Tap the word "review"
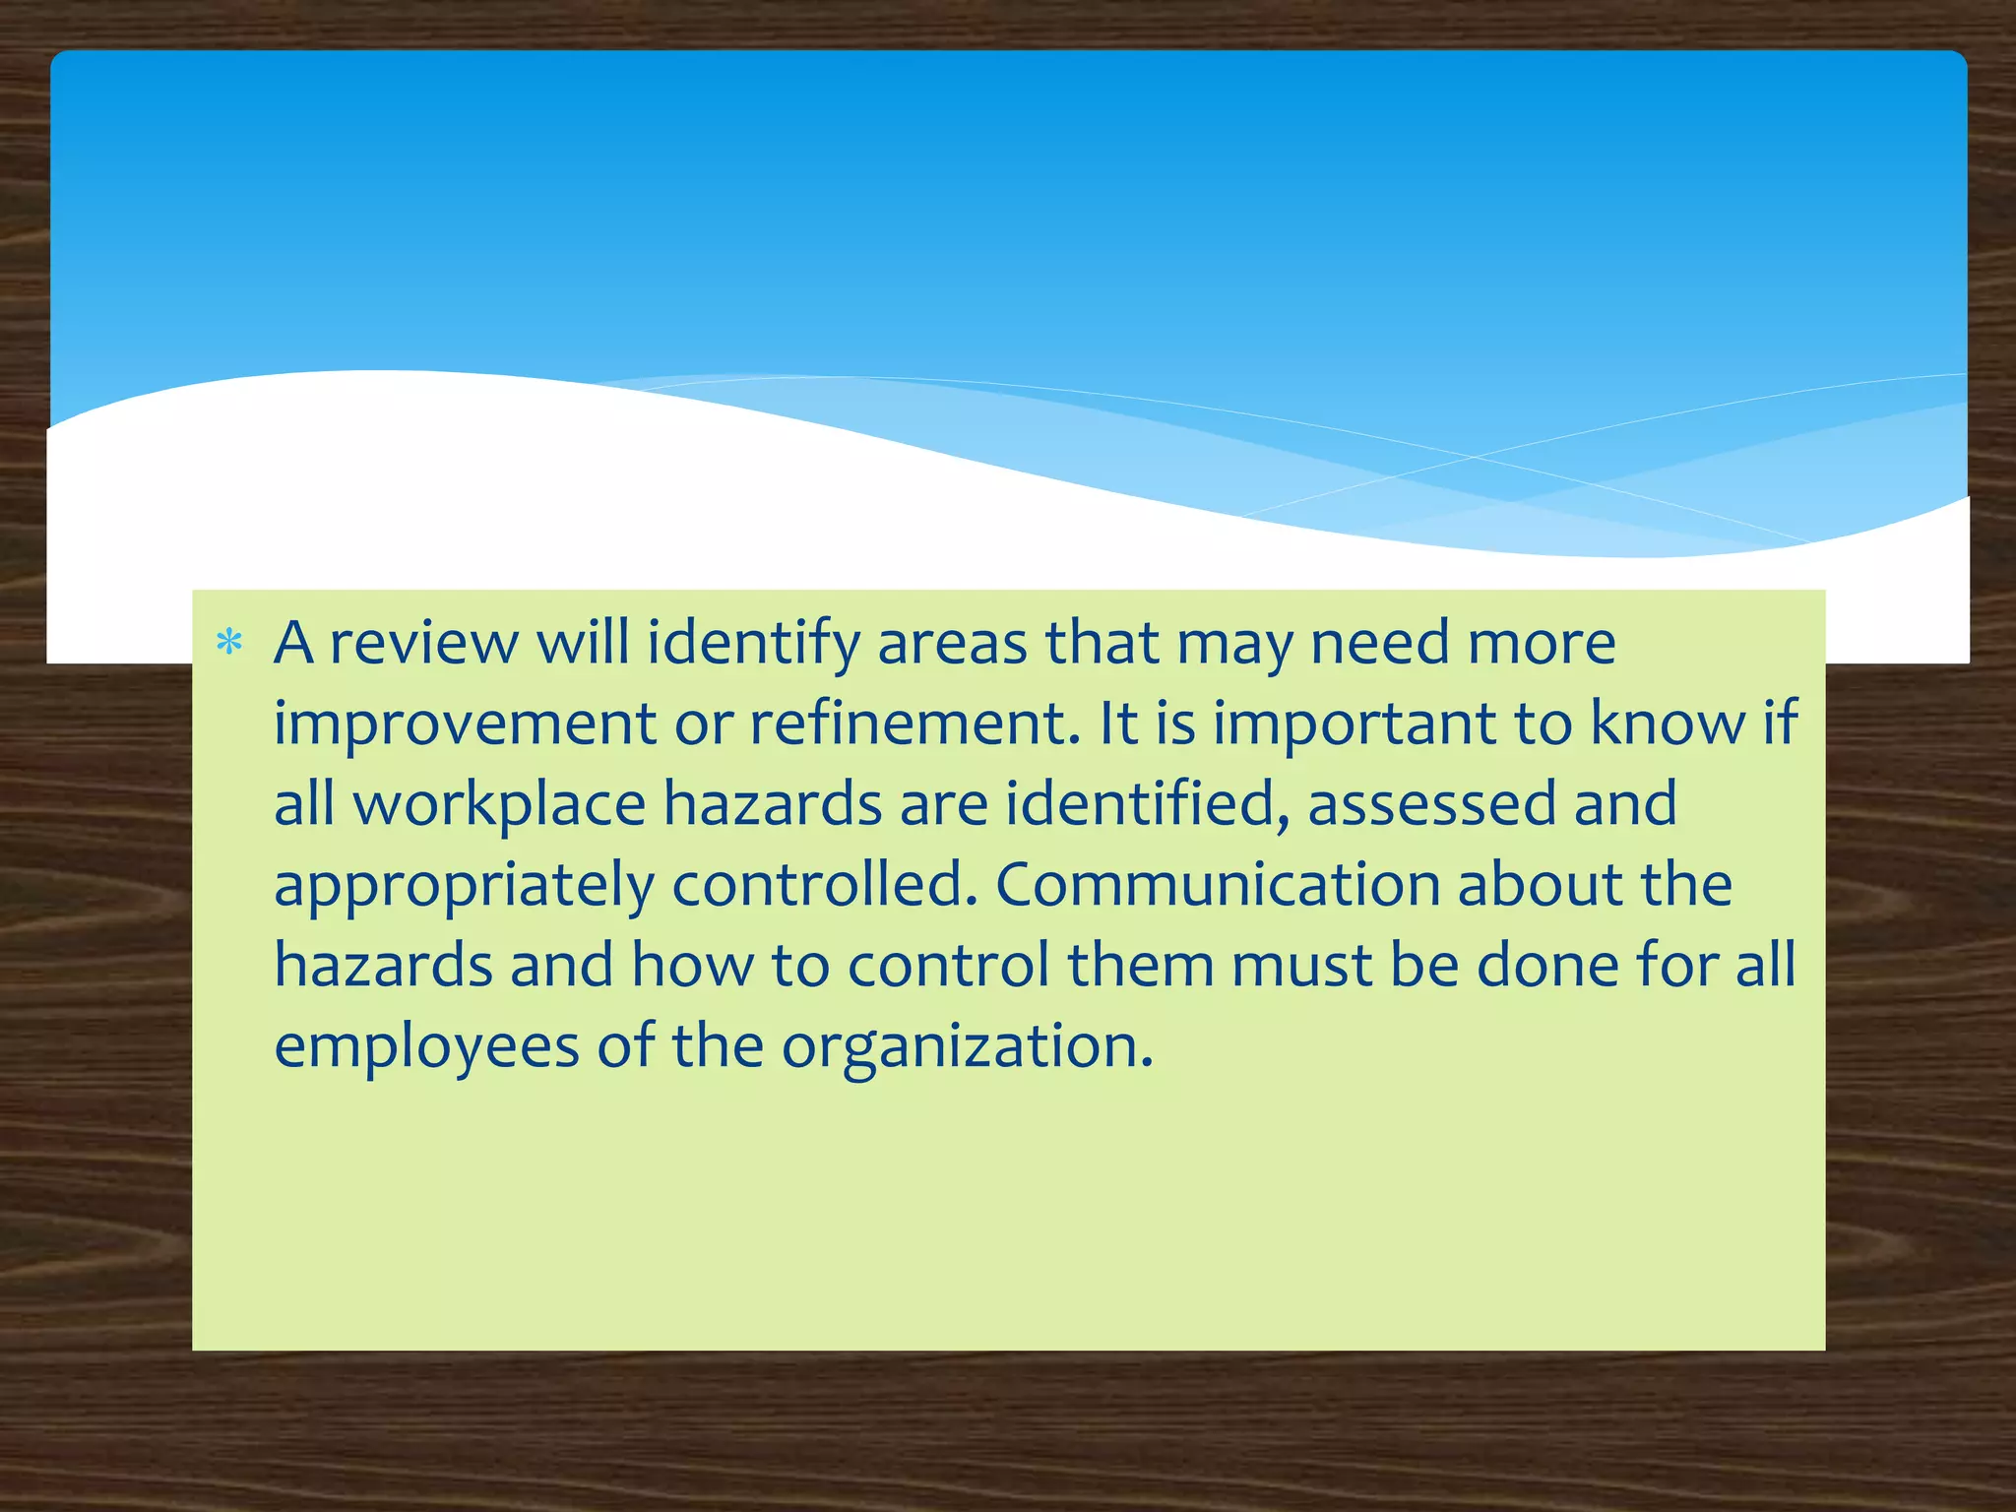(423, 644)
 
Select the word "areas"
(952, 644)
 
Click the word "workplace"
(500, 805)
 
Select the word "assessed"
(1431, 805)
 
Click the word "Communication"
(1218, 885)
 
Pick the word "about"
(1539, 885)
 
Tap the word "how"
(692, 966)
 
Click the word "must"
(1301, 966)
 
